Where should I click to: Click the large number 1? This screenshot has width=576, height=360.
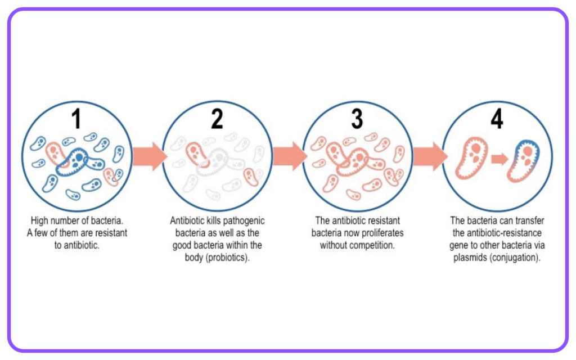coord(76,119)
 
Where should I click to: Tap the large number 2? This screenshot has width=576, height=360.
coord(217,119)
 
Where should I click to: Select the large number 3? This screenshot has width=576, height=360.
coord(357,119)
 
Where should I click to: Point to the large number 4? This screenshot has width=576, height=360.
coord(497,119)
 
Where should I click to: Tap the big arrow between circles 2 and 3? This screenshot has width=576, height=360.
coord(290,156)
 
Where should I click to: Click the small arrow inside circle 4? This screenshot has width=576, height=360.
coord(499,159)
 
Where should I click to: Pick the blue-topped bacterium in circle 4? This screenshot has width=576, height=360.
coord(523,161)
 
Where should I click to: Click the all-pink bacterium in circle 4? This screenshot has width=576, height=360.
coord(471,158)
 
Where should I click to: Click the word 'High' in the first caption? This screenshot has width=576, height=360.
coord(39,220)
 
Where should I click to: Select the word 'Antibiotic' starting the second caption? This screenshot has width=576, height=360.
coord(186,220)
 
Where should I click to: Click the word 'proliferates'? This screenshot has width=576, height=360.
coord(382,233)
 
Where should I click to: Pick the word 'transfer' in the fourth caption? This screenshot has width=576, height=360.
coord(530,220)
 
